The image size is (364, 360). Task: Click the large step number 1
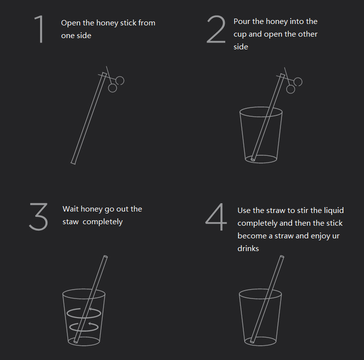click(x=40, y=29)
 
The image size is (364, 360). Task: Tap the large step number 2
click(x=216, y=29)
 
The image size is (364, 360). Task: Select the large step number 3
click(x=39, y=216)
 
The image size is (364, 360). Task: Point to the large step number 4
click(x=216, y=217)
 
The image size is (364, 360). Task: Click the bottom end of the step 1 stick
click(x=73, y=163)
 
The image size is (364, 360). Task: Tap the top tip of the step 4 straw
click(x=281, y=257)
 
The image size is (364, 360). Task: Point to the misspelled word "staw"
click(x=70, y=222)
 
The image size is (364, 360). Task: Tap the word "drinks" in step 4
click(x=248, y=249)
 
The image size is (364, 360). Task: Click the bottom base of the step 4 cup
click(x=260, y=341)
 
